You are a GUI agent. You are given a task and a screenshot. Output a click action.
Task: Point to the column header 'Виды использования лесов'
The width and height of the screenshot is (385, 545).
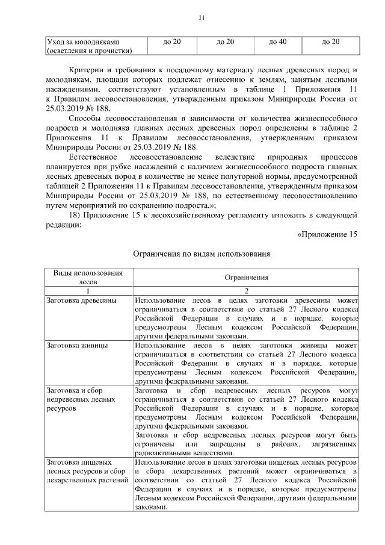(x=88, y=276)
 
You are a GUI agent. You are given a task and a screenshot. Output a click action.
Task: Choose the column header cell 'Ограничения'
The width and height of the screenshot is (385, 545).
(x=247, y=278)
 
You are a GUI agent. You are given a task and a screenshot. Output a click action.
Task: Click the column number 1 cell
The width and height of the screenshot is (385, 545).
(x=88, y=290)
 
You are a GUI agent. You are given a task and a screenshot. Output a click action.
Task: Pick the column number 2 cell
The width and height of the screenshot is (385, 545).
(x=247, y=290)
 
